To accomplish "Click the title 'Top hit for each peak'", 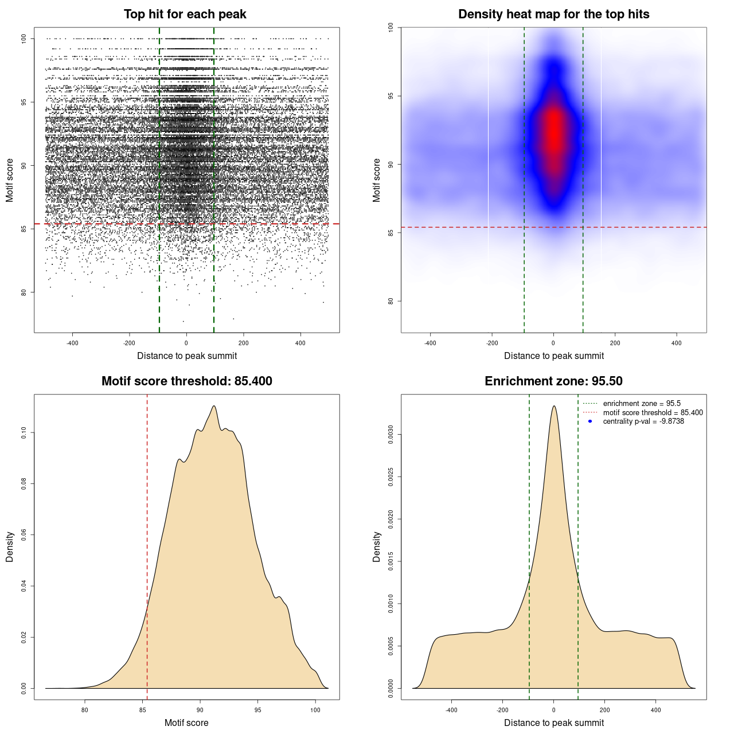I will click(185, 14).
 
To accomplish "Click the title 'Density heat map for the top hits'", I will click(553, 14).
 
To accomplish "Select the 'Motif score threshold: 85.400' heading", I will click(186, 381).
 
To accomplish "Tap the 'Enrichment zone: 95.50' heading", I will click(553, 381).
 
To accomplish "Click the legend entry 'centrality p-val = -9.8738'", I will click(643, 421).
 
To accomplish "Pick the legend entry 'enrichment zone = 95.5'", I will click(642, 404).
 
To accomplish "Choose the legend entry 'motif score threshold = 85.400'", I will click(653, 413).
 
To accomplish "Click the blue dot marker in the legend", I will click(590, 421).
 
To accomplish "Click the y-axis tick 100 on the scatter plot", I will click(24, 38).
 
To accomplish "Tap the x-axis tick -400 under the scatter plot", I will click(72, 343).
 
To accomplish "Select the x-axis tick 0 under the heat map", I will click(553, 343).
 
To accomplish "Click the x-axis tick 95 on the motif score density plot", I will click(258, 710).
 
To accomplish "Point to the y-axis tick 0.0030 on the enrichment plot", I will click(391, 435).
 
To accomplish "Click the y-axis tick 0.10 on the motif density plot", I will click(24, 432).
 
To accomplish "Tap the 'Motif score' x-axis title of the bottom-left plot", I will click(186, 723).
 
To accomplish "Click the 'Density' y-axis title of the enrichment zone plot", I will click(377, 546).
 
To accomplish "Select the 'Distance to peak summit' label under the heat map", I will click(553, 356).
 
